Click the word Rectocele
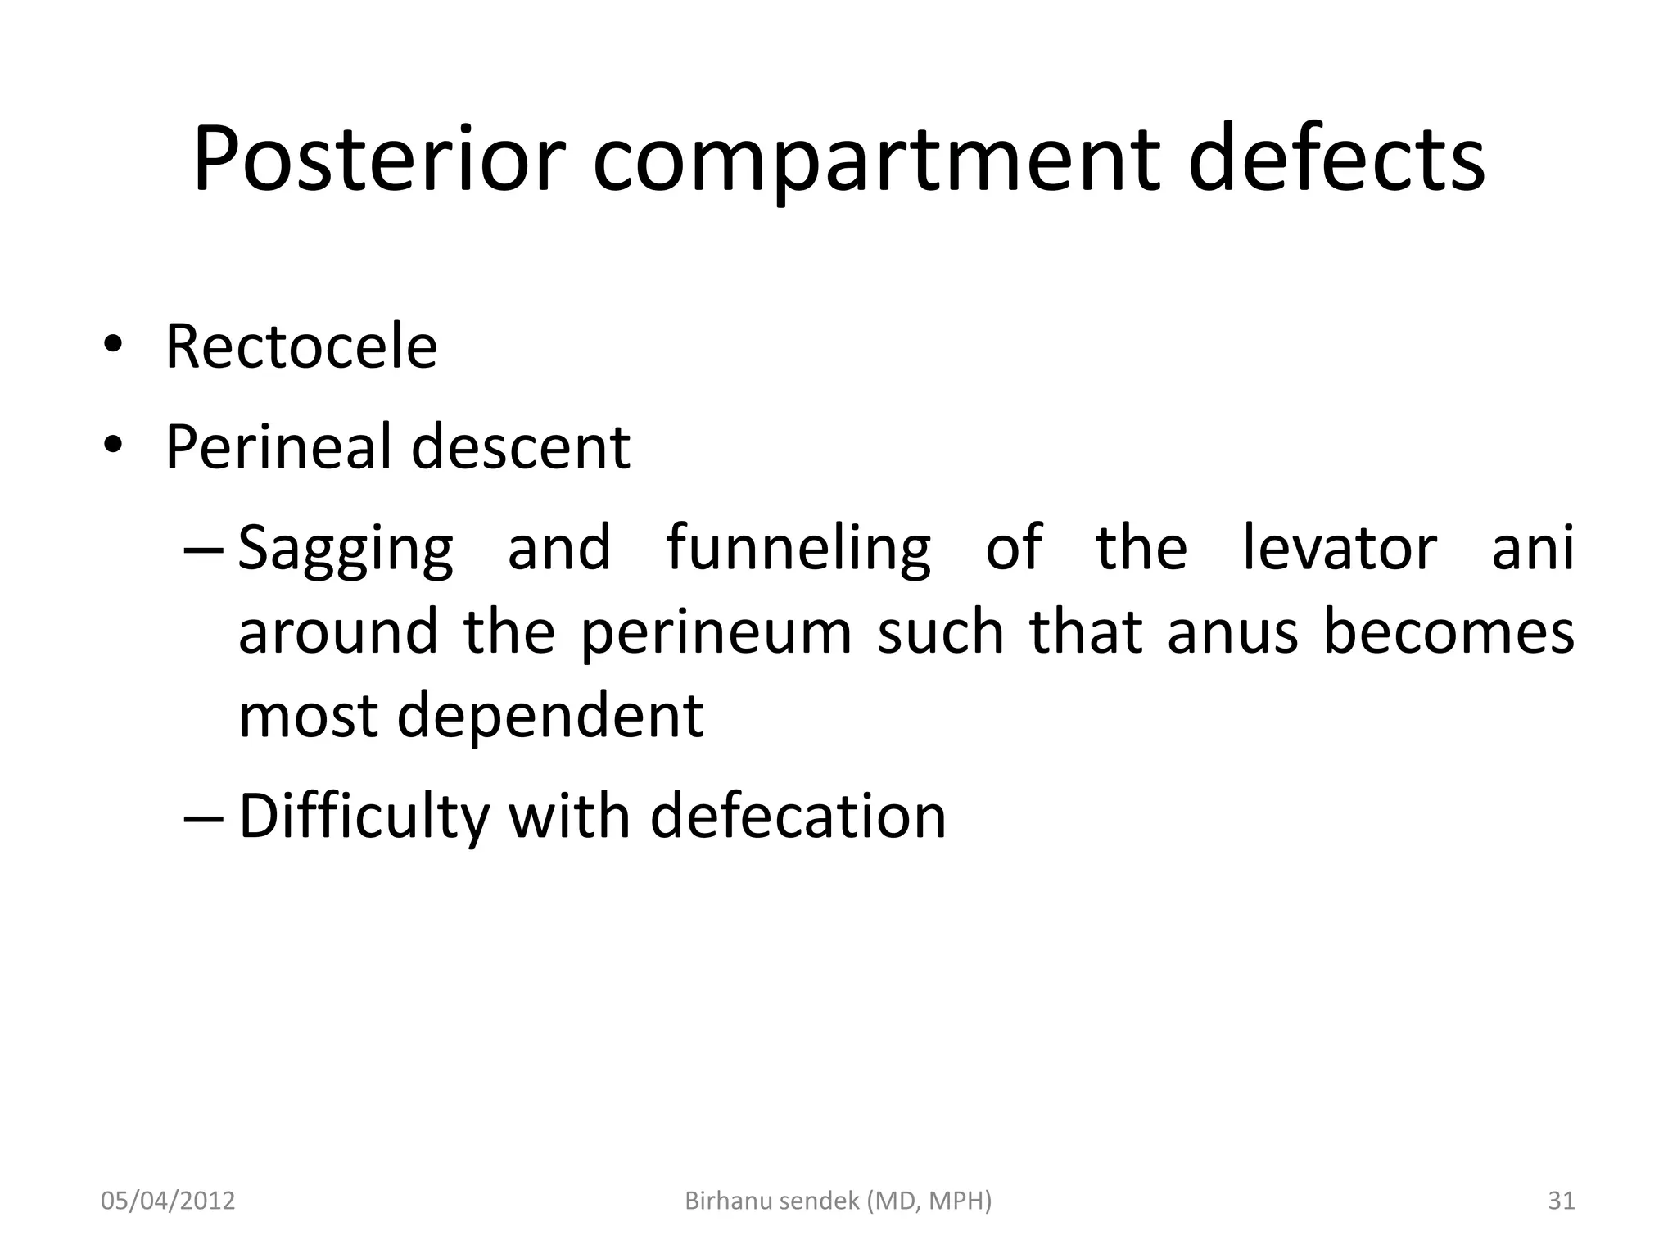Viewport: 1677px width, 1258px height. [301, 346]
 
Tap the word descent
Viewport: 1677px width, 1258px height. [521, 448]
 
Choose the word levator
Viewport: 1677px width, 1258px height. [1339, 547]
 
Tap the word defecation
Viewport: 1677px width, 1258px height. [798, 817]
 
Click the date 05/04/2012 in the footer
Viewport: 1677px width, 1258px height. [168, 1201]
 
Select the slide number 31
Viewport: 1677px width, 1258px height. [1562, 1201]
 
